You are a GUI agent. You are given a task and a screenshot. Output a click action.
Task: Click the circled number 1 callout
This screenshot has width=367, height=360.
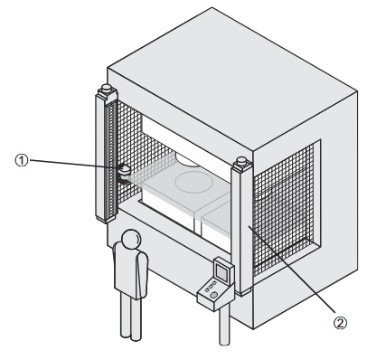(22, 160)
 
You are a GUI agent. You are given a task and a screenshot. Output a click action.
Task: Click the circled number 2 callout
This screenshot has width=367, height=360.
(340, 323)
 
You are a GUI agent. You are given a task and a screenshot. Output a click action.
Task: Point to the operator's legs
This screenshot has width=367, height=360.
(131, 317)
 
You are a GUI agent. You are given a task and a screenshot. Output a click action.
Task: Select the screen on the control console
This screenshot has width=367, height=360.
(222, 273)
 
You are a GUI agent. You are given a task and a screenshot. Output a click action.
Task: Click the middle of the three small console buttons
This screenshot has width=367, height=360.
(211, 286)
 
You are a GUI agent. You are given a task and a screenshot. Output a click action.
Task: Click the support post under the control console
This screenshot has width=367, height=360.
(224, 326)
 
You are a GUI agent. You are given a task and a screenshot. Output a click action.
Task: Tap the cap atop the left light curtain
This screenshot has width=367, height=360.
(106, 89)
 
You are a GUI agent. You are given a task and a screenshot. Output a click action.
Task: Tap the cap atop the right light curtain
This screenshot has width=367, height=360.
(241, 161)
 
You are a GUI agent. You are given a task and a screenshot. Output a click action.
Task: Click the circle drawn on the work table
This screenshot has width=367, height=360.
(194, 182)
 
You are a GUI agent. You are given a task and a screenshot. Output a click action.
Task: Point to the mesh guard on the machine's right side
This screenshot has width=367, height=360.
(283, 205)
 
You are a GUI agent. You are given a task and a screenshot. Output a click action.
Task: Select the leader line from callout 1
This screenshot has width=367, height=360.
(75, 164)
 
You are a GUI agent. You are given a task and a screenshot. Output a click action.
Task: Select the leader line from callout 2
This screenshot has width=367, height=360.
(291, 269)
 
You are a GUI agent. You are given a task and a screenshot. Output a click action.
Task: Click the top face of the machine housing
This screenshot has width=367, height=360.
(232, 79)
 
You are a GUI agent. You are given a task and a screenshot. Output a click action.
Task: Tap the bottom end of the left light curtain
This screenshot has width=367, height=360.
(106, 220)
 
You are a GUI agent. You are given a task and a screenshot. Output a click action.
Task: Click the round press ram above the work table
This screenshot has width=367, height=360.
(187, 160)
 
